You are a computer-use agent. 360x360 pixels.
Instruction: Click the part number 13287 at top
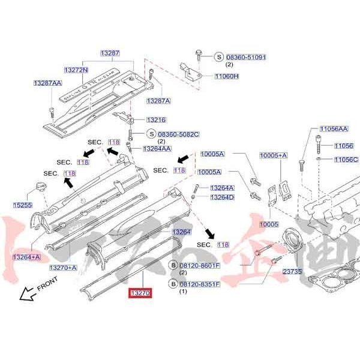[110, 53]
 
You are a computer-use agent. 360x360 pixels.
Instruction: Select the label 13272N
[76, 70]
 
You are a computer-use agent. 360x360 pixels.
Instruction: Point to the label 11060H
[227, 76]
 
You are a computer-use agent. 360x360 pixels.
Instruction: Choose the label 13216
[156, 120]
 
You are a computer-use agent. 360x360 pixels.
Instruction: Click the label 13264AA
[157, 148]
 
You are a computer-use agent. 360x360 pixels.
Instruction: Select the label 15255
[23, 205]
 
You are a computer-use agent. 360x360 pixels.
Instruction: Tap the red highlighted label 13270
[139, 293]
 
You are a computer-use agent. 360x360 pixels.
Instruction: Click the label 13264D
[222, 197]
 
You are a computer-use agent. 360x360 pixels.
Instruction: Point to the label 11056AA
[334, 129]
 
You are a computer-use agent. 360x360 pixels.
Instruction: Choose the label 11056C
[346, 160]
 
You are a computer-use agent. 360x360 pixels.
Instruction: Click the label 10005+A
[274, 155]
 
